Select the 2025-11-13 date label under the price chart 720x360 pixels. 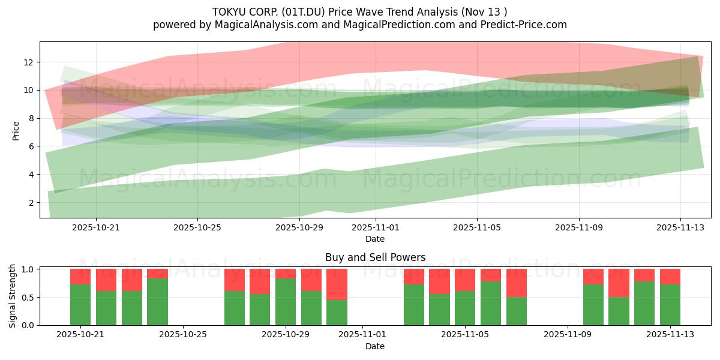680,228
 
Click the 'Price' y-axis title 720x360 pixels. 16,130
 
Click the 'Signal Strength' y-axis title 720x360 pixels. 13,296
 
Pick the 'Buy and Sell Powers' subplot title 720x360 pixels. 375,257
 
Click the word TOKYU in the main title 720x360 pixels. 228,11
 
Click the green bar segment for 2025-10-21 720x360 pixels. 80,305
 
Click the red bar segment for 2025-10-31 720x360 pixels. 337,284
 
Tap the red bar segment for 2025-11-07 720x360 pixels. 516,283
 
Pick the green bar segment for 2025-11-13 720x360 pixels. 670,305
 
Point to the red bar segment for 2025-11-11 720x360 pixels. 619,283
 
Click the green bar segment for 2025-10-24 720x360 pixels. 157,302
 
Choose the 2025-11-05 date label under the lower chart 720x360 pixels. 465,335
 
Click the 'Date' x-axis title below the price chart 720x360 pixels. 375,239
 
